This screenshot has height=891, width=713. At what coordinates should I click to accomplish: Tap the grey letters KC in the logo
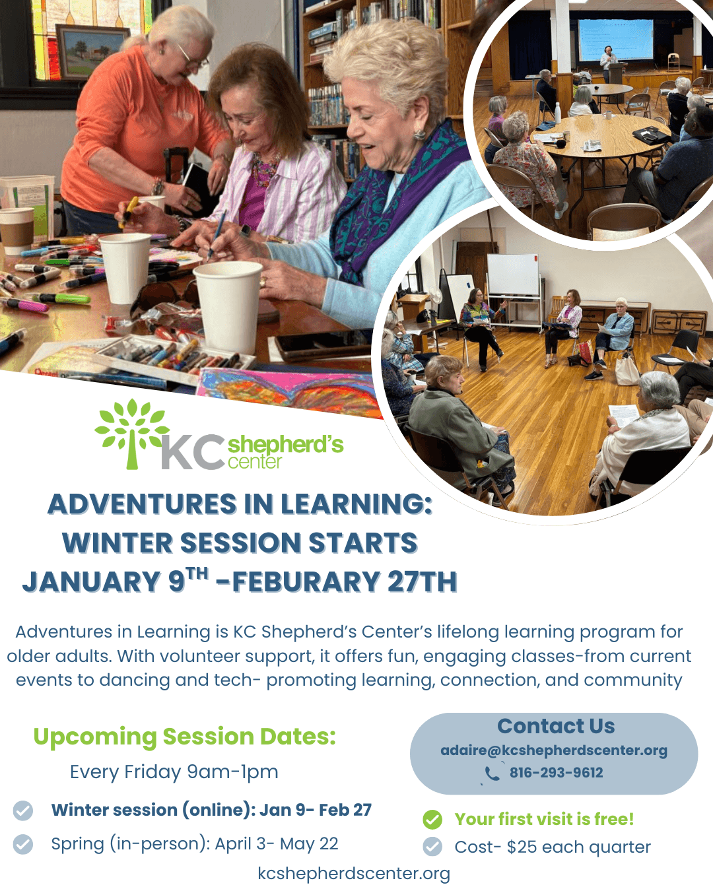coord(193,452)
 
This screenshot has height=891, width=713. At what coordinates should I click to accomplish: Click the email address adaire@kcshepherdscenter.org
coord(554,750)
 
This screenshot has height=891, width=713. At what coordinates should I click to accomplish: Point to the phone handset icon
coord(492,773)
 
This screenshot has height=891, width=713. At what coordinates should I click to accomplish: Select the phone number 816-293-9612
coord(556,773)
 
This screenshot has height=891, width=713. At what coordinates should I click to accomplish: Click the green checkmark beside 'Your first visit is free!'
coord(432,819)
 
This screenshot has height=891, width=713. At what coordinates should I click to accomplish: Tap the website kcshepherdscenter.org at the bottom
coord(354,873)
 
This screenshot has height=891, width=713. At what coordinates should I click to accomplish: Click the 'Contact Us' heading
coord(556,726)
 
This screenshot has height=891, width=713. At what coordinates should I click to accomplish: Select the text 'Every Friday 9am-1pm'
coord(174,772)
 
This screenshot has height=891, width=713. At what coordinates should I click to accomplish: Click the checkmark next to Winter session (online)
coord(23,810)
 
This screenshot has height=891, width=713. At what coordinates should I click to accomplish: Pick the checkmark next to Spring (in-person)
coord(23,844)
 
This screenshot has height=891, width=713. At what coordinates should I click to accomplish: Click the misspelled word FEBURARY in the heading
coord(306,581)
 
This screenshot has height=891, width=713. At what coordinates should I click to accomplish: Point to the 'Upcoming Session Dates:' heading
coord(184,737)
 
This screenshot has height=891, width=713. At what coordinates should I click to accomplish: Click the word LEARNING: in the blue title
coord(356,504)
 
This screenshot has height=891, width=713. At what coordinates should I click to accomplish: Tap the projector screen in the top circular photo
coord(616,40)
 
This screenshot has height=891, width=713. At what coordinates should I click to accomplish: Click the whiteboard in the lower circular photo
coord(513,275)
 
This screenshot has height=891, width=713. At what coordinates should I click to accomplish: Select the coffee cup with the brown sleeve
coord(16,230)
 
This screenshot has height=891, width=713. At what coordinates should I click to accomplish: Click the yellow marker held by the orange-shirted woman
coord(129,212)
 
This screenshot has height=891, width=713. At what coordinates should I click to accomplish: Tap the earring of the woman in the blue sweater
coord(419,135)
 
